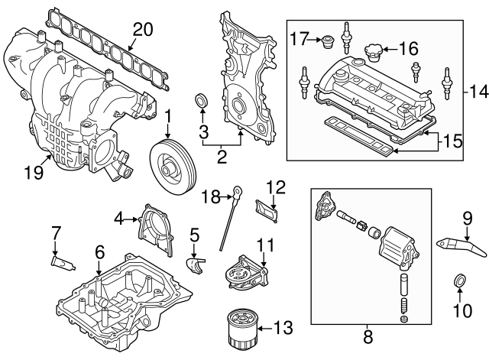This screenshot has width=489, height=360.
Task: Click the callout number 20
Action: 143,31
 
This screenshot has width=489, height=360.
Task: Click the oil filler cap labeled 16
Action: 374,52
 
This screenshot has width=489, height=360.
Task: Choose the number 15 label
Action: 453,141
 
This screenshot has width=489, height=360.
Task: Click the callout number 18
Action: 211,198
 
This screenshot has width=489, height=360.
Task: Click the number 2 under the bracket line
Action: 222,158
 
